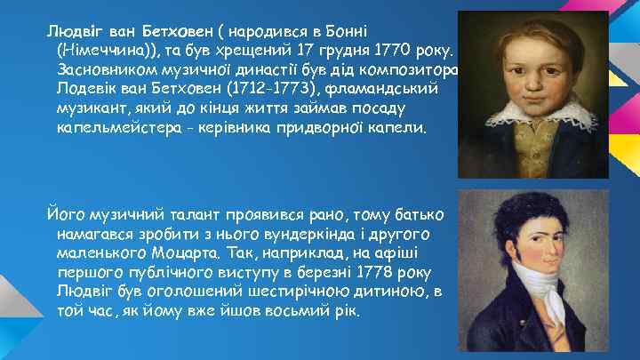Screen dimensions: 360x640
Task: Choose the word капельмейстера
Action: pyautogui.click(x=110, y=129)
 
